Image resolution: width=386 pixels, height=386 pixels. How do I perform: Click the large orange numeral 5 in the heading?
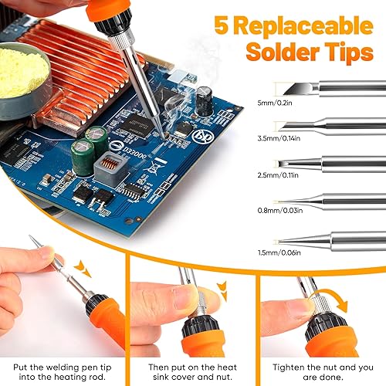pyautogui.click(x=222, y=25)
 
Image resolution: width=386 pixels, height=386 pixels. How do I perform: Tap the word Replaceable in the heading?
pyautogui.click(x=304, y=25)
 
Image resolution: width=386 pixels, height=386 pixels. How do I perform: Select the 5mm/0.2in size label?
pyautogui.click(x=275, y=103)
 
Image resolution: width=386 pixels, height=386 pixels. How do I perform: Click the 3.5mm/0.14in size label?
pyautogui.click(x=279, y=138)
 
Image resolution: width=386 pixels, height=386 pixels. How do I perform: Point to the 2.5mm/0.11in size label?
pyautogui.click(x=278, y=175)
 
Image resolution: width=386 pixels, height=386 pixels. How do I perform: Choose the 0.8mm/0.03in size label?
pyautogui.click(x=280, y=211)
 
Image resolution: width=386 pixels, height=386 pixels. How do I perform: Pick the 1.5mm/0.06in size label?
pyautogui.click(x=279, y=252)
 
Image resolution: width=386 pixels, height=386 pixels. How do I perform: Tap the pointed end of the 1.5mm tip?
pyautogui.click(x=278, y=242)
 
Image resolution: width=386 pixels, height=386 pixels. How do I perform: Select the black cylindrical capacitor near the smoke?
pyautogui.click(x=205, y=101)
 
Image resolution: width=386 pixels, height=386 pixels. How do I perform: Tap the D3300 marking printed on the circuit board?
pyautogui.click(x=134, y=152)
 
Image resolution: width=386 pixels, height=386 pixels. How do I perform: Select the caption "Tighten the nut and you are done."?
pyautogui.click(x=323, y=372)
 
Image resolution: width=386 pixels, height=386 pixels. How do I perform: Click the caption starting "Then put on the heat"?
pyautogui.click(x=192, y=372)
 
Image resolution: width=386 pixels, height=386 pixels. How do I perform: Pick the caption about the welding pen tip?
pyautogui.click(x=63, y=372)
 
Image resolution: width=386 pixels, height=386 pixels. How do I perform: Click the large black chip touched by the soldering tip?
pyautogui.click(x=136, y=125)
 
